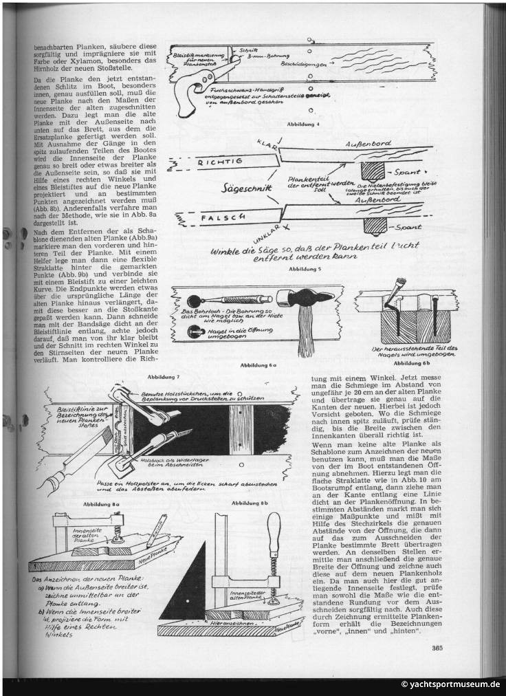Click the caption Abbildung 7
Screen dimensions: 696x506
coord(164,377)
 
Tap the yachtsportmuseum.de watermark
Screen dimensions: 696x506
coord(450,684)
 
